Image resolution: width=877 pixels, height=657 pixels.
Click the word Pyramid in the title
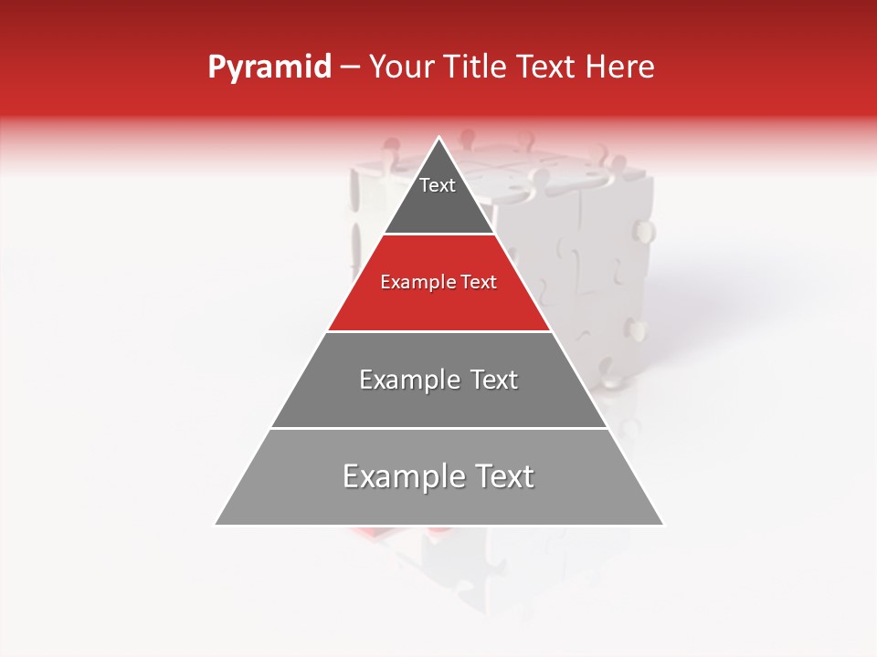[269, 68]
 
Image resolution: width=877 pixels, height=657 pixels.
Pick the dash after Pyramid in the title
[350, 68]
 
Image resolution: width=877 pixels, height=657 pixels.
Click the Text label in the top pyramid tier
[438, 185]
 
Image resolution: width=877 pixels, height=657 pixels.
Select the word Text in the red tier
[480, 282]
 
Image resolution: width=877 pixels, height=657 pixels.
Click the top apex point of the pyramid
[439, 138]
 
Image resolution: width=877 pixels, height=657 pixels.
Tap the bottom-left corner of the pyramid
[217, 525]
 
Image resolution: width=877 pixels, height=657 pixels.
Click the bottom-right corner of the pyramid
[662, 525]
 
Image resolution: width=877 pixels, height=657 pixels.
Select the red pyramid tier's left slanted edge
[355, 282]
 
